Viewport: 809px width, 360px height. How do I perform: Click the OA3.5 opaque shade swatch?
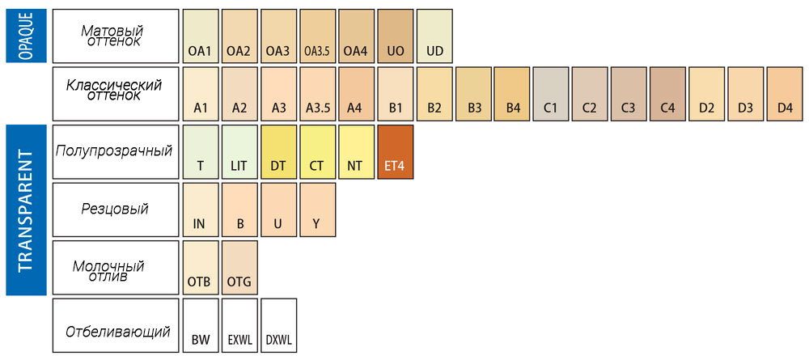317,36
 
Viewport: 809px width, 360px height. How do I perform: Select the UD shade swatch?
434,36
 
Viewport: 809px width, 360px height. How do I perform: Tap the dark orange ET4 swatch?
396,151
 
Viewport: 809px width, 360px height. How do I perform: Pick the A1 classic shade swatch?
200,94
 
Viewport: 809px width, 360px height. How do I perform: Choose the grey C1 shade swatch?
551,94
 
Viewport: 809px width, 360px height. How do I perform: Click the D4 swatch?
784,94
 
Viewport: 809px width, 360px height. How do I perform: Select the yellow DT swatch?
278,151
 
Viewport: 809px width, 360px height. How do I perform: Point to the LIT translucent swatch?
239,151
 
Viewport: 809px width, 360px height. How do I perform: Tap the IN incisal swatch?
200,210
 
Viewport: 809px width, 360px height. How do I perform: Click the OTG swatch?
239,268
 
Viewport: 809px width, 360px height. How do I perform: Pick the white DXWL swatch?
278,325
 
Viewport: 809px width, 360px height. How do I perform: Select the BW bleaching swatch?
200,325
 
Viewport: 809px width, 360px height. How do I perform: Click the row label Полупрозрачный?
115,151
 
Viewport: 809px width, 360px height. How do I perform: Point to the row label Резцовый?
115,210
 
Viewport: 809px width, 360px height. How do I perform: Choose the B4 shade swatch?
512,94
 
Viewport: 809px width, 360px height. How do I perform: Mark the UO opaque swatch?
396,36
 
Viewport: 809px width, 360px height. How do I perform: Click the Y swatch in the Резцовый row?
317,210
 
